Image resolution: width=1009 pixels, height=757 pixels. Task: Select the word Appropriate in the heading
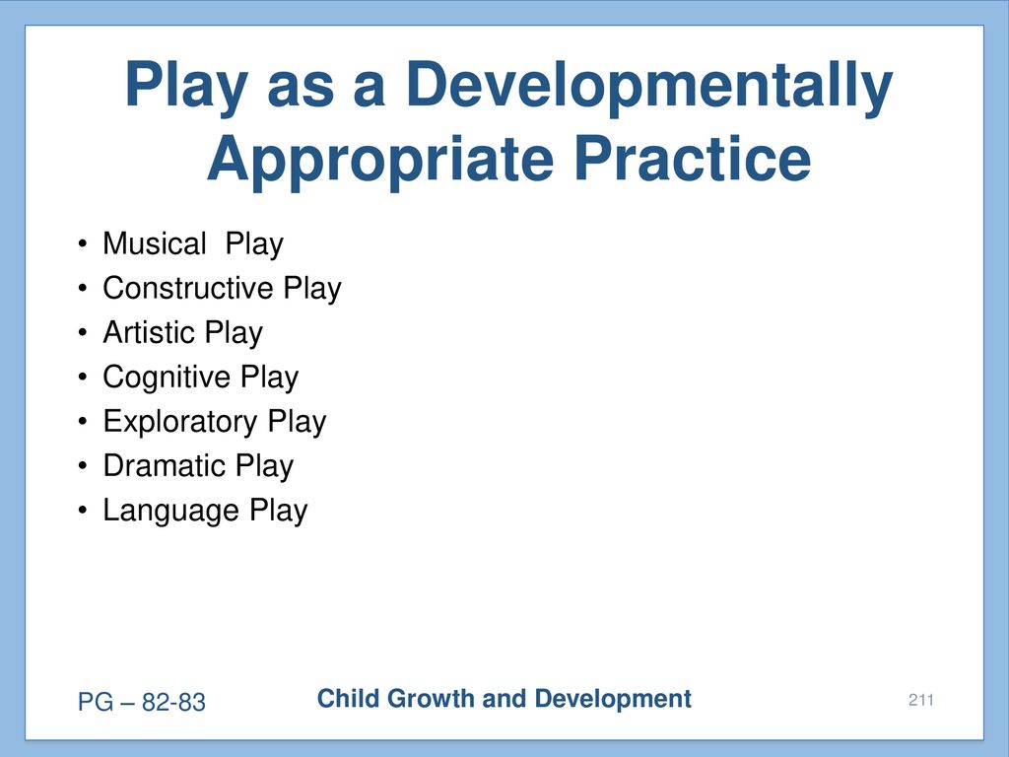(x=380, y=161)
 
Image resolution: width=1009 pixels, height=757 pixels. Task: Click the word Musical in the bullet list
(x=155, y=243)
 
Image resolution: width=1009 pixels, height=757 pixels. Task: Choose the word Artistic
(x=149, y=332)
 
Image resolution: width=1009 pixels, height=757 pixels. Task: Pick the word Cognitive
(x=166, y=378)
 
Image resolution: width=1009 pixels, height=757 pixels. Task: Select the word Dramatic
(x=164, y=465)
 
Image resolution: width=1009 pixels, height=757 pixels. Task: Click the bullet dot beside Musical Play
(x=82, y=244)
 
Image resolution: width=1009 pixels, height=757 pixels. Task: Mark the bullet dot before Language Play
(x=82, y=512)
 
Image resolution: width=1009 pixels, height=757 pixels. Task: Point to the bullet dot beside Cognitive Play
(x=82, y=378)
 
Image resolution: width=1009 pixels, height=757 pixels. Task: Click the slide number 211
(x=921, y=700)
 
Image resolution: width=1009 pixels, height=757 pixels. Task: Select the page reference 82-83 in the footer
(x=173, y=702)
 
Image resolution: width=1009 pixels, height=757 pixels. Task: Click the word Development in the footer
(x=613, y=700)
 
